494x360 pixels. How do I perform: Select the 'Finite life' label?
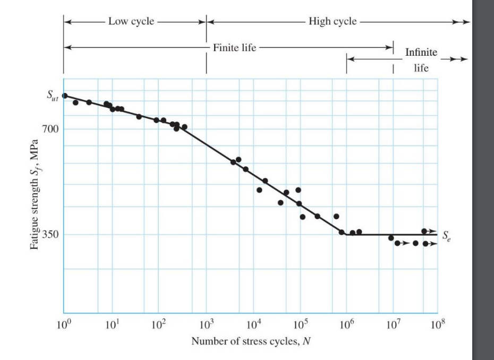[234, 48]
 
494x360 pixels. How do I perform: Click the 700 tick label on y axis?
[49, 129]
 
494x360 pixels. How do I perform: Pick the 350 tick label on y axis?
[49, 234]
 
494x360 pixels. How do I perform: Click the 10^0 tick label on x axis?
[63, 325]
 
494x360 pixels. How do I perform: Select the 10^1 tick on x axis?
[112, 325]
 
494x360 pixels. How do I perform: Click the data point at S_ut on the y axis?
[64, 96]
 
